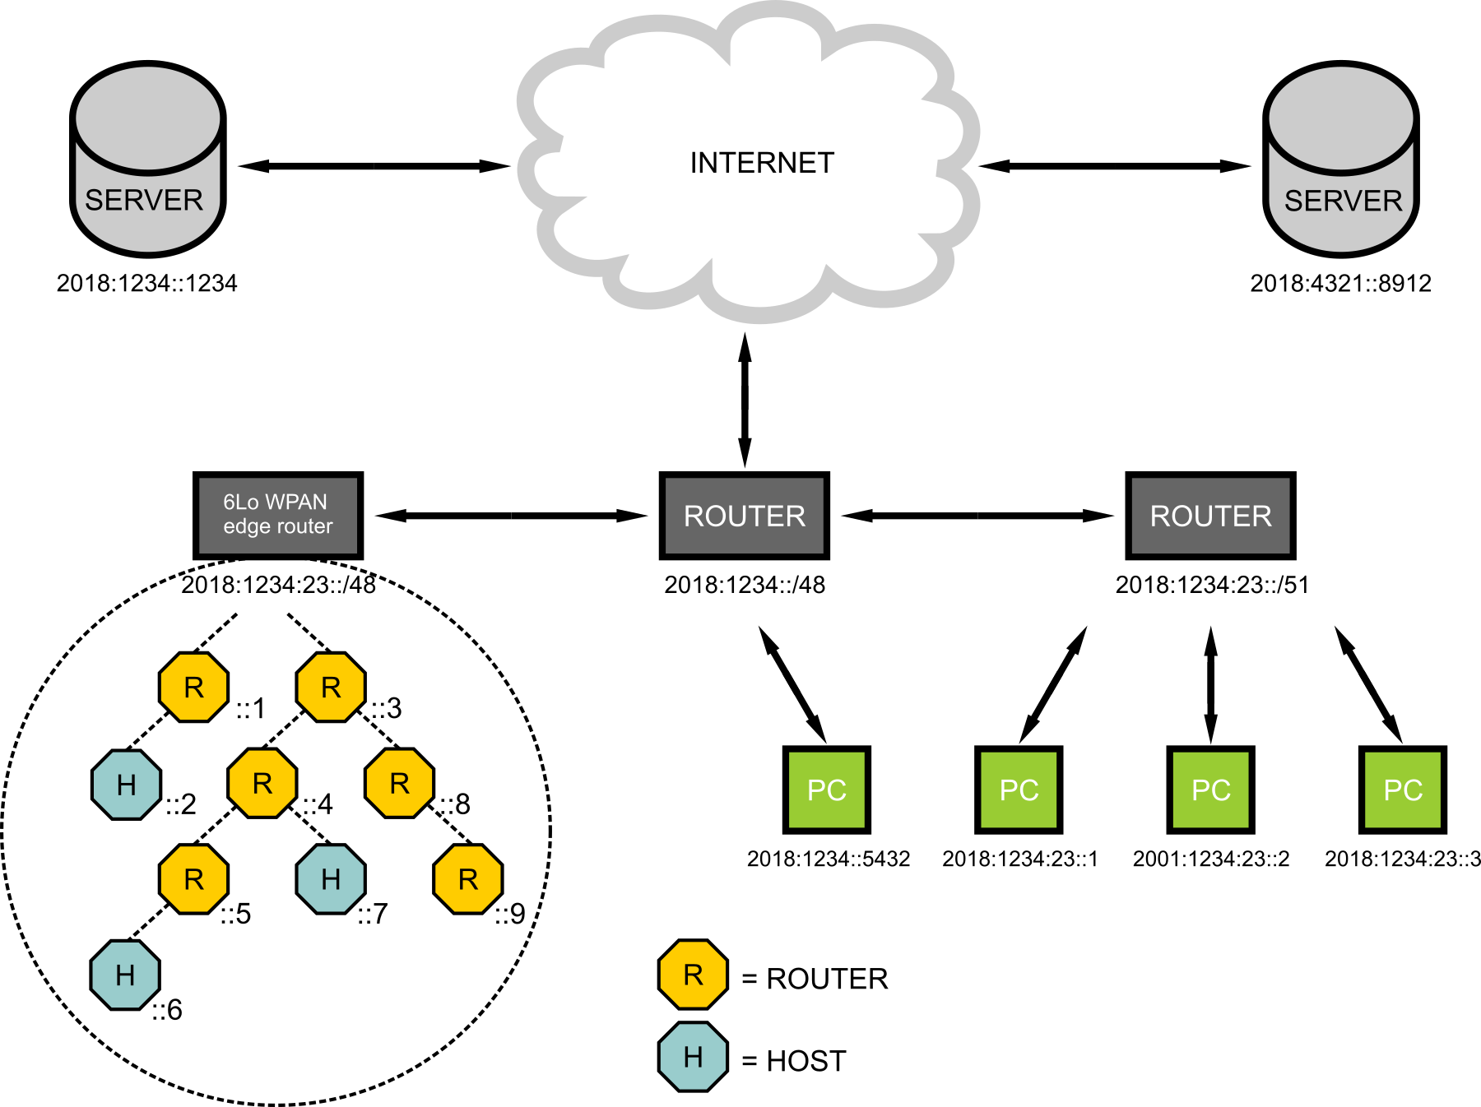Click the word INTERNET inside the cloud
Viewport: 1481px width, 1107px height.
pyautogui.click(x=762, y=163)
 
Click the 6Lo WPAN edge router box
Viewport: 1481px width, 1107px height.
pyautogui.click(x=278, y=516)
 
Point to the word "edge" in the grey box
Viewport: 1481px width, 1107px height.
pyautogui.click(x=239, y=526)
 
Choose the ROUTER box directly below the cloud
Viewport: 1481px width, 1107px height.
pyautogui.click(x=744, y=516)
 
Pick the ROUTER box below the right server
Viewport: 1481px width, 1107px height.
pyautogui.click(x=1210, y=516)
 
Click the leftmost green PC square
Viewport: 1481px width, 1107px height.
pyautogui.click(x=826, y=790)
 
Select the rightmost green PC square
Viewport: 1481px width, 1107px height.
pyautogui.click(x=1402, y=790)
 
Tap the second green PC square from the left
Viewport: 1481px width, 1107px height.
pyautogui.click(x=1019, y=790)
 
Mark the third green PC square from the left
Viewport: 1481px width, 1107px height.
pyautogui.click(x=1210, y=790)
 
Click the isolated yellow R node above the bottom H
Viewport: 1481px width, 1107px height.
pyautogui.click(x=693, y=975)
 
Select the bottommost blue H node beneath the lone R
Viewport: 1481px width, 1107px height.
pyautogui.click(x=693, y=1056)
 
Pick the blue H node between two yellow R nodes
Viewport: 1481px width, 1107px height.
pyautogui.click(x=331, y=879)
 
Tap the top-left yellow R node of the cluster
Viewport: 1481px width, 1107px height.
pyautogui.click(x=193, y=687)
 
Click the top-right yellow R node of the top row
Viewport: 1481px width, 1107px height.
pyautogui.click(x=331, y=687)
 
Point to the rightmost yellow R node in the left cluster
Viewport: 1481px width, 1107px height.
pyautogui.click(x=467, y=879)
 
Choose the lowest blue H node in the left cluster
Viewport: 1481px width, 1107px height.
pyautogui.click(x=125, y=975)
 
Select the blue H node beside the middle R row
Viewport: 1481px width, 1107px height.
pyautogui.click(x=127, y=785)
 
